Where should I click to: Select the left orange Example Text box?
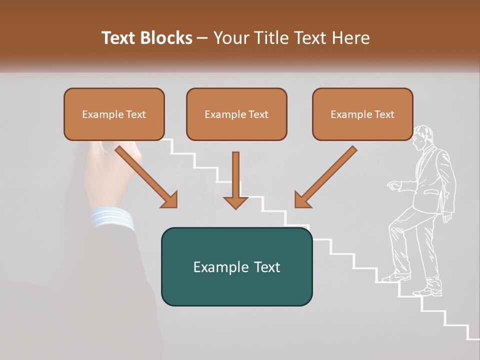[114, 114]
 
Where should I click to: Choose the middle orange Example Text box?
[236, 114]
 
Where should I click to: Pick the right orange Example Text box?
[362, 114]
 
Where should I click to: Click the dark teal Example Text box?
[236, 266]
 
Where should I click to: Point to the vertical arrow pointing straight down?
[235, 180]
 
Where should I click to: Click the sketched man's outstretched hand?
[393, 186]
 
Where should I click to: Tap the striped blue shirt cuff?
[112, 218]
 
